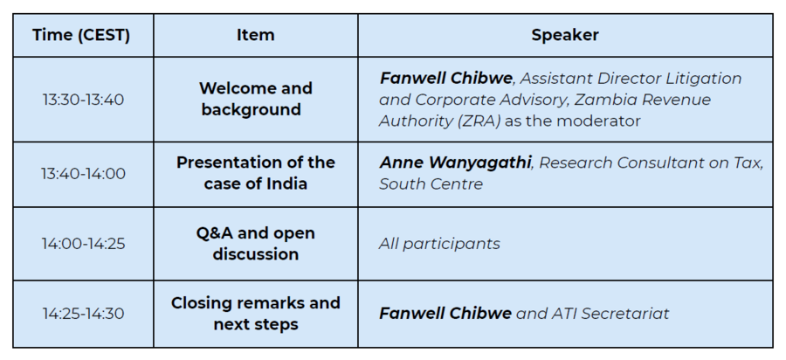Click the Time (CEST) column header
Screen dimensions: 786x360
click(x=81, y=35)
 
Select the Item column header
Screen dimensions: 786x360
click(x=256, y=35)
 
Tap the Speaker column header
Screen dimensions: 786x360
click(x=565, y=35)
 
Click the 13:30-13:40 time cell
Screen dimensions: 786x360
click(x=83, y=100)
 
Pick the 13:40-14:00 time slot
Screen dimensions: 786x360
click(x=83, y=174)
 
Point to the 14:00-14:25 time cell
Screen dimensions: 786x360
click(x=83, y=244)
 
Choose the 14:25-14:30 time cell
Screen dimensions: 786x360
click(x=83, y=314)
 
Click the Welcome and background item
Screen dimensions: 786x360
click(x=256, y=99)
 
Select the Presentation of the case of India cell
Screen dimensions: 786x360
click(x=256, y=173)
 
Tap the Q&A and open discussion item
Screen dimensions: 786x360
click(x=256, y=244)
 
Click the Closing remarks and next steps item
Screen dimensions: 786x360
click(x=256, y=314)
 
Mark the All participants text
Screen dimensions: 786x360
click(x=439, y=244)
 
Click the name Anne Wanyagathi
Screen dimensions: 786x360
click(x=455, y=163)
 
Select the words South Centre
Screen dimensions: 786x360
click(x=431, y=184)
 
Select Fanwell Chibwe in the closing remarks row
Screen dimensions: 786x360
click(x=445, y=314)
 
